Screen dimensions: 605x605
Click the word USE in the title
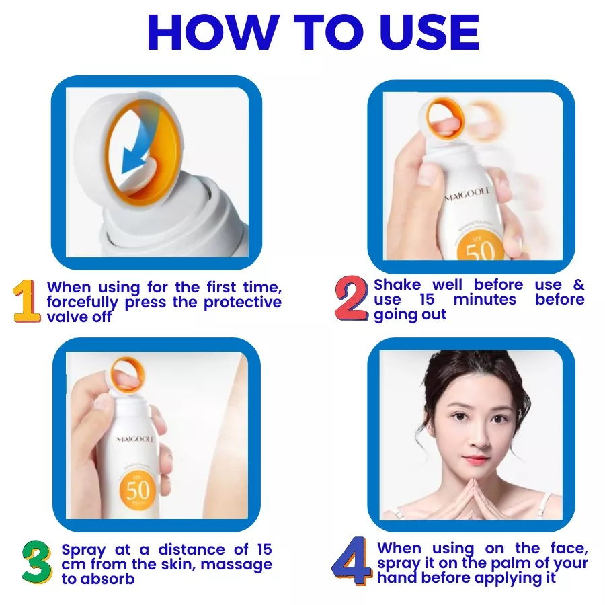click(x=432, y=32)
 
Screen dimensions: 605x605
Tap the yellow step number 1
click(x=27, y=301)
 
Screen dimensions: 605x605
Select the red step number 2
click(x=351, y=298)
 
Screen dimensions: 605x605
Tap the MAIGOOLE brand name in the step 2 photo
click(x=468, y=194)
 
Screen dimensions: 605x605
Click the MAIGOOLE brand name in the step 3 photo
click(x=135, y=440)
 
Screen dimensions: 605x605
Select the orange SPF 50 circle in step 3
click(x=138, y=489)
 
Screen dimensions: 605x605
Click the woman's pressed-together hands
click(x=471, y=497)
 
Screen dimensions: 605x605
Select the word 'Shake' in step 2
click(x=397, y=285)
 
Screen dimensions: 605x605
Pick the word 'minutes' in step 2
click(x=485, y=299)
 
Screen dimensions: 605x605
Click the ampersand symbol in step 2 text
click(x=579, y=285)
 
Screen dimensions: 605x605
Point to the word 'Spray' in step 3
click(x=83, y=550)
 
